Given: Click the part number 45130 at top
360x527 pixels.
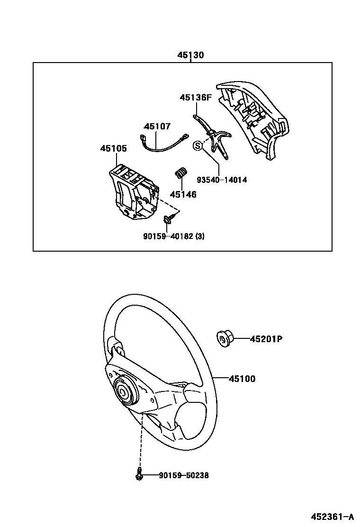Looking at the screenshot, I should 191,55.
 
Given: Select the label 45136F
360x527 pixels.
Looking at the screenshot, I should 195,98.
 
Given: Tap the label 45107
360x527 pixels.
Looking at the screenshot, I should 157,127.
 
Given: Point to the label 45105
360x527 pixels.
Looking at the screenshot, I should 113,149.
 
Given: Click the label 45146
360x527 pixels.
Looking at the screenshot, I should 183,194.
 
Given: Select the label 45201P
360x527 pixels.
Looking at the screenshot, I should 266,339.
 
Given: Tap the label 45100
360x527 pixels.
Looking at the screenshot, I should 242,379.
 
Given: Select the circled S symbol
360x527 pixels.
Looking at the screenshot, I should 198,146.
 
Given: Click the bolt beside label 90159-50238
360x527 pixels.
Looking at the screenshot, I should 139,474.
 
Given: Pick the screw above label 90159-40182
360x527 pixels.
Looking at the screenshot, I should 169,219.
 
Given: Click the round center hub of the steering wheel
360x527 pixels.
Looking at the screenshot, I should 125,391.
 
